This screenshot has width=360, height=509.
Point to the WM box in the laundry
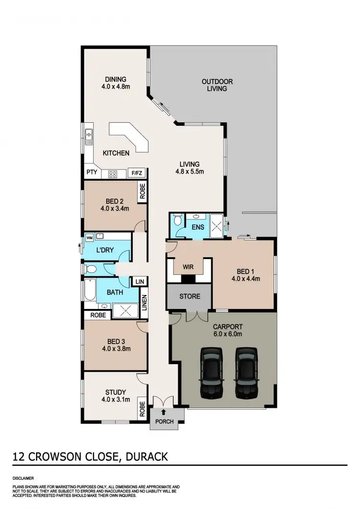(x=89, y=237)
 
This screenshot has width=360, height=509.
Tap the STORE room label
(x=190, y=296)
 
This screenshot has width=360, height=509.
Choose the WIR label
(x=188, y=266)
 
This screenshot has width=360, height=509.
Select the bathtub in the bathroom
(x=90, y=291)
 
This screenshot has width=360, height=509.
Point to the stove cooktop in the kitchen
(x=113, y=174)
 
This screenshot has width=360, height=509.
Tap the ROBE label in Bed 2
(x=143, y=191)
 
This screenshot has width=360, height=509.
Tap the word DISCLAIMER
(x=23, y=478)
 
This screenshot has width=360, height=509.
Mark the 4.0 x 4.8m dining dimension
(x=116, y=87)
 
